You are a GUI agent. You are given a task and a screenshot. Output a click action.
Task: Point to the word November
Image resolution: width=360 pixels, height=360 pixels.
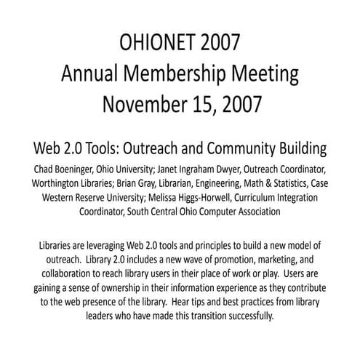(145, 106)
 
